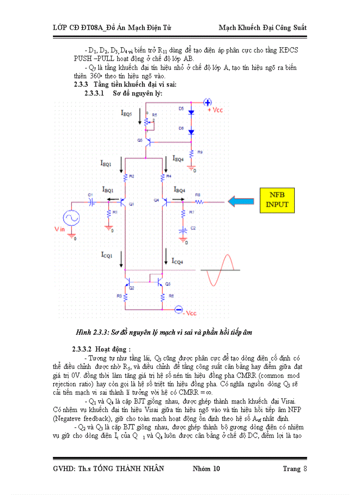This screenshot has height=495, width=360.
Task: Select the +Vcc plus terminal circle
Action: [x=207, y=102]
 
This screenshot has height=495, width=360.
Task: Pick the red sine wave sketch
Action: [x=220, y=270]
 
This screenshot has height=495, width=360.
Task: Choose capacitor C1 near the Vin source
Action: [x=92, y=201]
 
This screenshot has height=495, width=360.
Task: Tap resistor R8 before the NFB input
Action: [x=199, y=202]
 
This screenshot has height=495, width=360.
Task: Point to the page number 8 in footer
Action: [x=304, y=469]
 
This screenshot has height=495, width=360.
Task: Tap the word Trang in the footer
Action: [x=291, y=469]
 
